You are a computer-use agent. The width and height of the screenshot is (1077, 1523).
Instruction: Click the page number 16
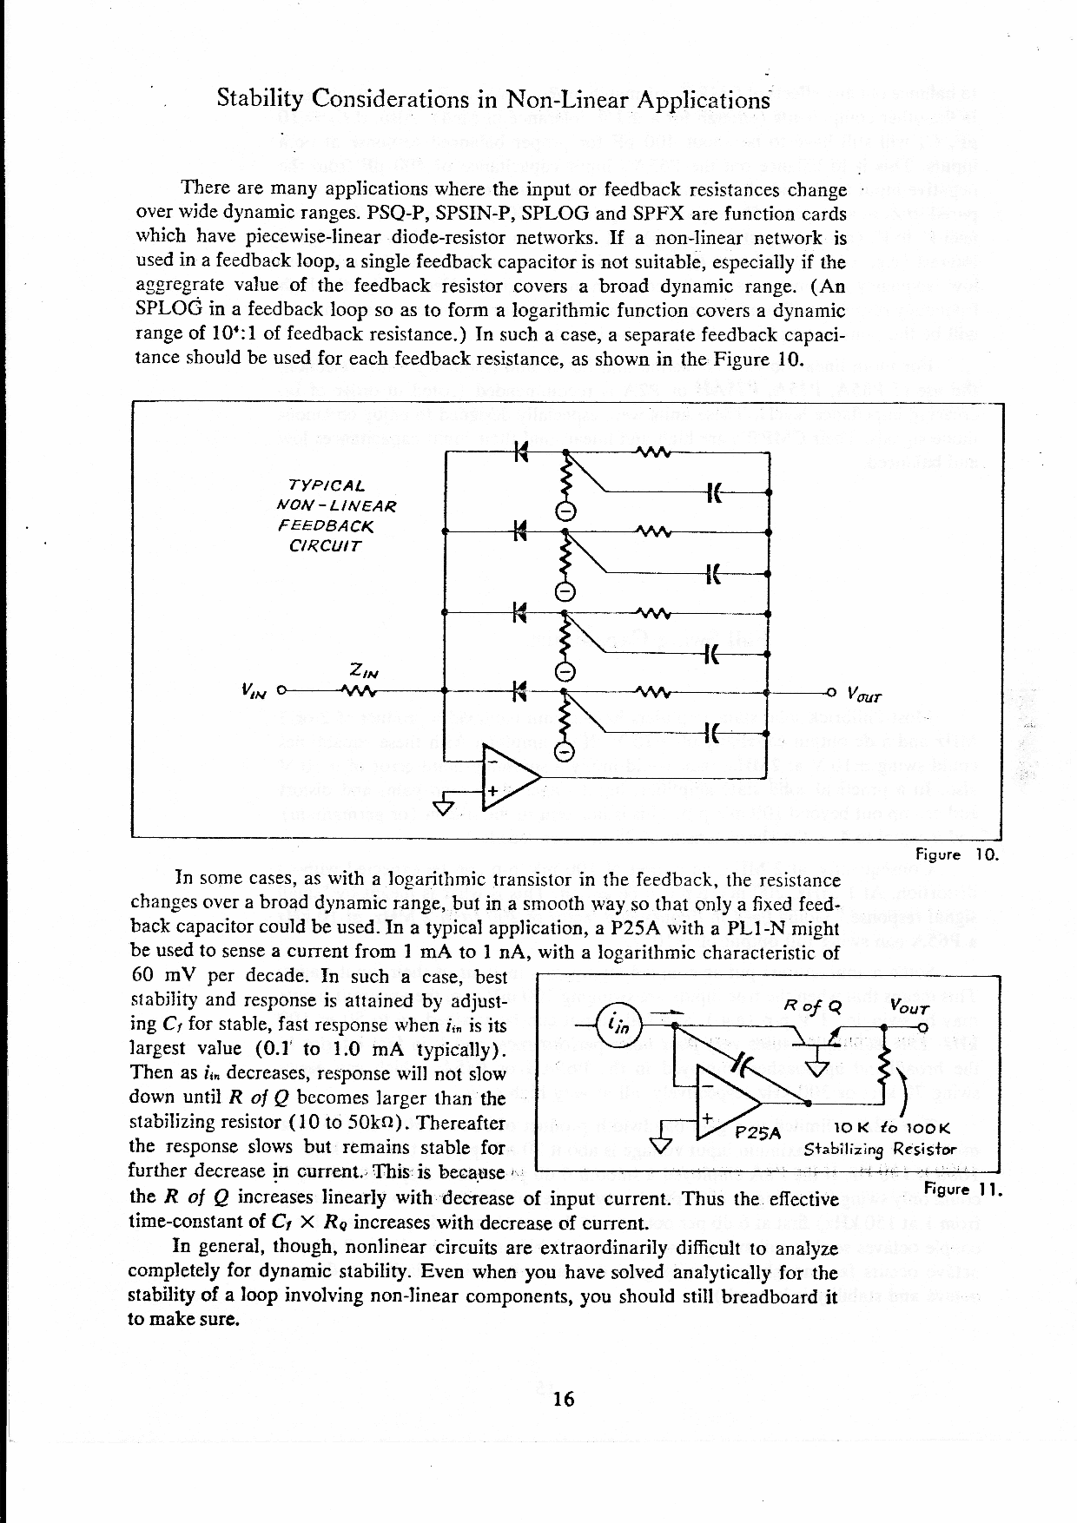[564, 1399]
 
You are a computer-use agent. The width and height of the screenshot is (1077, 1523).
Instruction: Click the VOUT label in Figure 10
[863, 695]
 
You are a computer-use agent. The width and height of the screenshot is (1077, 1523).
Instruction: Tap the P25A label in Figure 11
[759, 1133]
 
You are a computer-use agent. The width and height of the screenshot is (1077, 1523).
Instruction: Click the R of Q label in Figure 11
[813, 1006]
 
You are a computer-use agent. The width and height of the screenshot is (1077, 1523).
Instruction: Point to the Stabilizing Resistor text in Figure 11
[879, 1150]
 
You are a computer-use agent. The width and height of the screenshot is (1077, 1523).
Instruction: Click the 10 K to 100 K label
[892, 1129]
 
